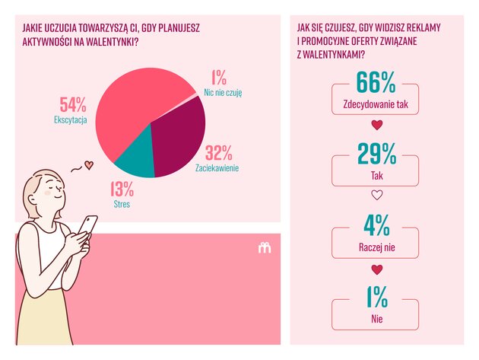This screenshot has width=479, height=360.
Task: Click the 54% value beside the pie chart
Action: coord(73,105)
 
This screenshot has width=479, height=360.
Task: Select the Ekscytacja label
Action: coord(71,119)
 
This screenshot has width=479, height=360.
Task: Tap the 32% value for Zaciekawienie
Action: coord(218,152)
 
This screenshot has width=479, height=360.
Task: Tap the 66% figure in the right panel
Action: coord(376,83)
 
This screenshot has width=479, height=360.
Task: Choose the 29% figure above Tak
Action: coord(376,155)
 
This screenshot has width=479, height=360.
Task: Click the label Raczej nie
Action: coord(376,247)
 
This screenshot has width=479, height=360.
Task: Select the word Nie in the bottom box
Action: coord(376,319)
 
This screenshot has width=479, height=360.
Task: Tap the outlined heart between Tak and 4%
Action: coord(376,196)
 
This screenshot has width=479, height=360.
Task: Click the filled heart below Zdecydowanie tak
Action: coord(376,125)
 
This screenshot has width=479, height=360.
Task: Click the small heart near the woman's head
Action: coord(88,164)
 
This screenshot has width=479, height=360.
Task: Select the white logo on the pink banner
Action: coord(265,247)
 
